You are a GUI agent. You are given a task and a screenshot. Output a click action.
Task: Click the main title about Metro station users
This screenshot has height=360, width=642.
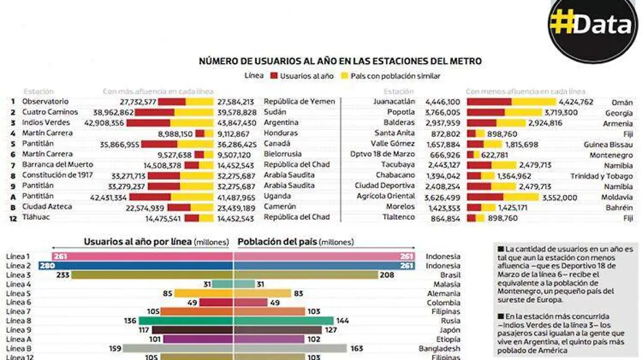coord(340,62)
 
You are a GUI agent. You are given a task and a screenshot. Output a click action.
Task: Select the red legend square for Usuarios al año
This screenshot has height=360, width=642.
coord(274,76)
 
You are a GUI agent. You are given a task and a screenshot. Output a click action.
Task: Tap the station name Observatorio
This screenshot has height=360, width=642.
coord(45,102)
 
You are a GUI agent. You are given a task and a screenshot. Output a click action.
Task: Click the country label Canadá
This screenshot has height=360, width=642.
coord(277,143)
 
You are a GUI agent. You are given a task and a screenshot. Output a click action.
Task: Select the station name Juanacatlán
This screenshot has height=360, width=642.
coord(394,102)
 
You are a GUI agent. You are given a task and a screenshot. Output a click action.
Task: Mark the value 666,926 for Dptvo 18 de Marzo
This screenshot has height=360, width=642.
coord(443,155)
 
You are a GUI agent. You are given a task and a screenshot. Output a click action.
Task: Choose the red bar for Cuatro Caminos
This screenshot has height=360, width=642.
coord(154,112)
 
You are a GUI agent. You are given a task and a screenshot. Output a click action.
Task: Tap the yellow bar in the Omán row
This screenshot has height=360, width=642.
coord(533,102)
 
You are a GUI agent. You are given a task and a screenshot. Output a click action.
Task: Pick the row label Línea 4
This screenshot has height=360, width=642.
coord(18,284)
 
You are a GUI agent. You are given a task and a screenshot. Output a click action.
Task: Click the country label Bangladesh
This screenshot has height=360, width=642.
coord(439,348)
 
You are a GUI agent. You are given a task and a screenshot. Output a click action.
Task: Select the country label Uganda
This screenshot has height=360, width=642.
coord(277,196)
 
